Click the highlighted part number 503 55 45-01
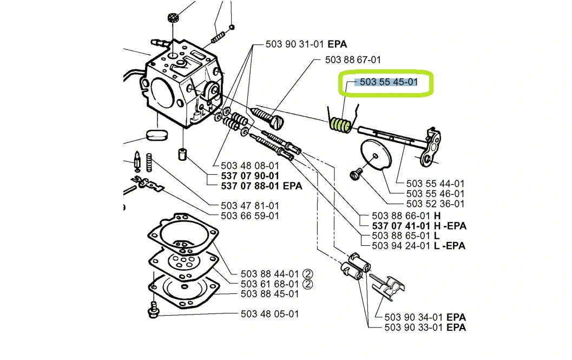point(389,82)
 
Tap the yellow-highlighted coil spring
point(340,125)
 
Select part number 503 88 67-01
point(353,60)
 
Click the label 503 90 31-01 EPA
point(306,44)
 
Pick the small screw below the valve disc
point(356,174)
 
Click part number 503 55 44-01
point(435,184)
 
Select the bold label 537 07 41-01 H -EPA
point(419,226)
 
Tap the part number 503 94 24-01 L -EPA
point(418,246)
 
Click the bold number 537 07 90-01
point(250,175)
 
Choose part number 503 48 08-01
point(250,166)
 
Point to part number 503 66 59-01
point(250,216)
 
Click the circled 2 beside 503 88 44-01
point(308,274)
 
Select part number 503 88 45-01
point(269,294)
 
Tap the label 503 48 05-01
point(269,313)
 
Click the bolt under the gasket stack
point(153,309)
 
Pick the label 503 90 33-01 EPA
point(425,327)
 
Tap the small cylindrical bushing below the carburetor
point(183,154)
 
